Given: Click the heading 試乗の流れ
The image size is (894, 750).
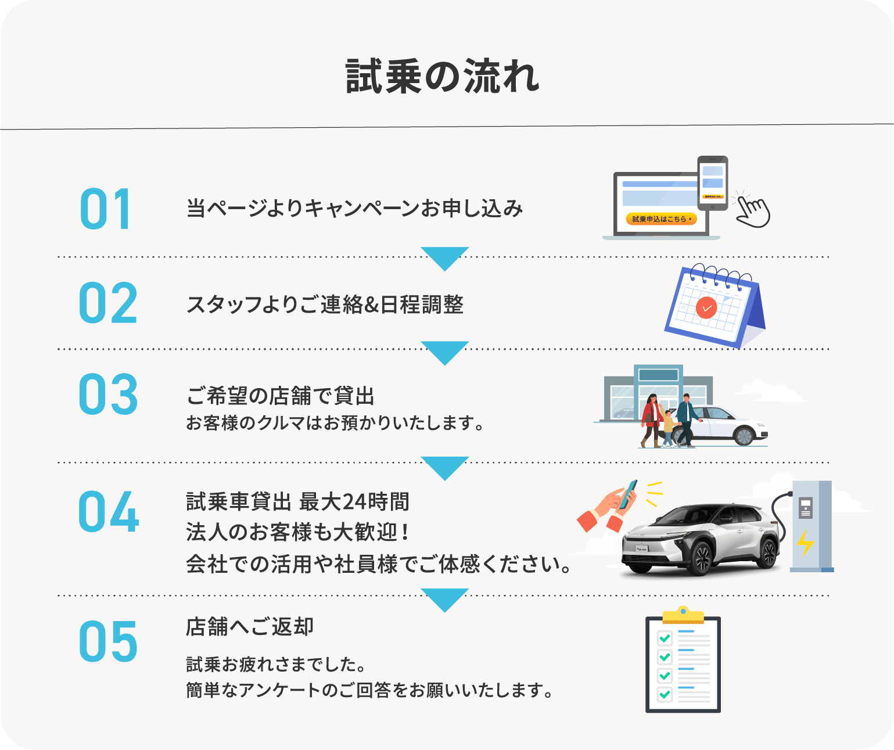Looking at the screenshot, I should click(443, 76).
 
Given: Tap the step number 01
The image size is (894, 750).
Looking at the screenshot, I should click(106, 209).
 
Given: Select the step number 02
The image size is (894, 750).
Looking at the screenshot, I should click(108, 303).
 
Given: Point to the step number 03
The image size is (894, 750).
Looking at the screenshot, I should click(108, 394).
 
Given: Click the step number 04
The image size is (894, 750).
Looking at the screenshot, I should click(109, 512).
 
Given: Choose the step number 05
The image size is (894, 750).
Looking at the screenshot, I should click(108, 641).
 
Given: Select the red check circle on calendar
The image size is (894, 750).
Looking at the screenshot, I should click(706, 307).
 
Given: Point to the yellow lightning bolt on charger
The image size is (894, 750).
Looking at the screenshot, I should click(805, 542).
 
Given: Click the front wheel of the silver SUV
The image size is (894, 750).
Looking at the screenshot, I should click(702, 558).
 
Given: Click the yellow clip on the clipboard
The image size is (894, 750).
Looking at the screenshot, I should click(683, 615).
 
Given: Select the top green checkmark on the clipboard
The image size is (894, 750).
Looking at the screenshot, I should click(665, 638).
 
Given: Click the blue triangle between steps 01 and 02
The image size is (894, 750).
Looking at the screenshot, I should click(445, 257).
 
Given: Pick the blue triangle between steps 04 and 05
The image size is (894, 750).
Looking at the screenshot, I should click(445, 599).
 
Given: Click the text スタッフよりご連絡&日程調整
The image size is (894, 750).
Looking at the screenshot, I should click(325, 304).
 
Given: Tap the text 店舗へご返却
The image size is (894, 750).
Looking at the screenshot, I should click(250, 627).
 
